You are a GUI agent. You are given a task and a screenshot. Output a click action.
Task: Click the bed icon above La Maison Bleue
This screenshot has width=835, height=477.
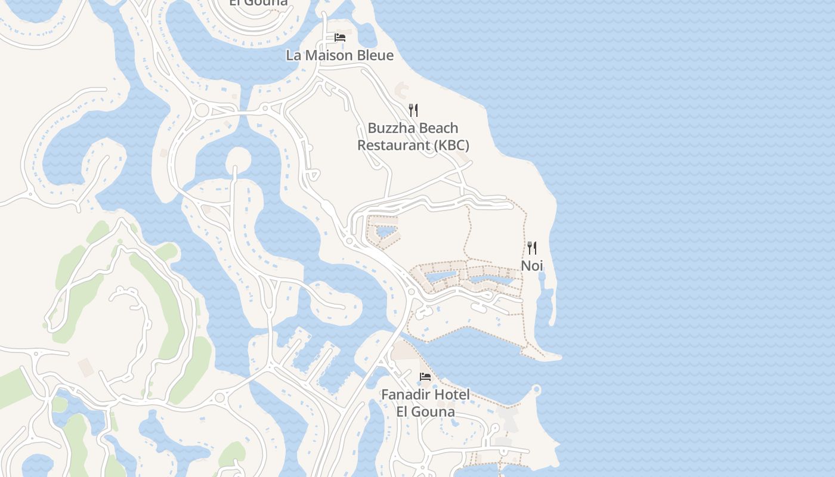(x=340, y=37)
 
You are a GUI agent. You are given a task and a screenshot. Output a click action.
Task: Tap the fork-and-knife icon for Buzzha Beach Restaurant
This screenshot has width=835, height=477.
(x=413, y=110)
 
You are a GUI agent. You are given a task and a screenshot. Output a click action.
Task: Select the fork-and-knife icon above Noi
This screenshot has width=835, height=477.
(x=532, y=247)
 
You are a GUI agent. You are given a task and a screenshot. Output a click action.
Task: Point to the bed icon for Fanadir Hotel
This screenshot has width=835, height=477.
(x=425, y=376)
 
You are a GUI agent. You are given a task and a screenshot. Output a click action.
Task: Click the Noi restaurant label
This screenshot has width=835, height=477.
(x=532, y=265)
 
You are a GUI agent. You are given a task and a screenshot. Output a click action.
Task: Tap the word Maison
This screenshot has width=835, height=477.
(x=325, y=55)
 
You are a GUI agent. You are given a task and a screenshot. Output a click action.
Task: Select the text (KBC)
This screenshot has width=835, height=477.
(x=451, y=145)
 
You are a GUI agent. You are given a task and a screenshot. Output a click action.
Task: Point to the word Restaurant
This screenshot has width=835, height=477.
(x=394, y=145)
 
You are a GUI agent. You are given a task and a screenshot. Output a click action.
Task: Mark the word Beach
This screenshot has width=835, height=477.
(x=438, y=128)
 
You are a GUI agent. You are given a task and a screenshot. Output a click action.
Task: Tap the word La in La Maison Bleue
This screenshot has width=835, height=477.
(x=293, y=55)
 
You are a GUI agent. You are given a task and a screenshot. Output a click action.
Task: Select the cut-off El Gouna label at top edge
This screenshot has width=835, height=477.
(x=258, y=3)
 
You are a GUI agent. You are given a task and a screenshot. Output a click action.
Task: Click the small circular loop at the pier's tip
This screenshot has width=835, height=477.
(x=536, y=390)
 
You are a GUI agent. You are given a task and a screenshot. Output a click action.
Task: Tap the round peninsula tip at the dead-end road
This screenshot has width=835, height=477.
(x=238, y=158)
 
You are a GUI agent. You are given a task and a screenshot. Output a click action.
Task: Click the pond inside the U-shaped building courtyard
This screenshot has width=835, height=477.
(x=385, y=230)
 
